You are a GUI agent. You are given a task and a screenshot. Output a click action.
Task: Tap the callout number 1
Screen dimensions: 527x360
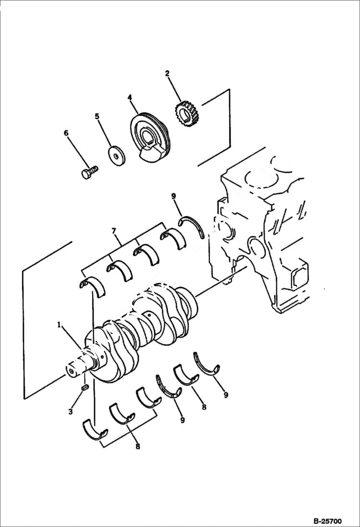pyautogui.click(x=59, y=325)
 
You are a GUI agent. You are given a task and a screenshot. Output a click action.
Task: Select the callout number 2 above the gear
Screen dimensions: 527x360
pyautogui.click(x=167, y=74)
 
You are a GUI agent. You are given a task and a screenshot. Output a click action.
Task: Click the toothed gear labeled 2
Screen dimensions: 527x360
pyautogui.click(x=185, y=115)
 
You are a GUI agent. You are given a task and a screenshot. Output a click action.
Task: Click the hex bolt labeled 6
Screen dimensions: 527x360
pyautogui.click(x=89, y=172)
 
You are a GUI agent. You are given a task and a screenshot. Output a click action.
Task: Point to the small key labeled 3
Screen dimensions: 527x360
pyautogui.click(x=85, y=387)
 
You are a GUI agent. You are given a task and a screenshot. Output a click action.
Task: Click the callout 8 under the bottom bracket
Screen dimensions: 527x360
pyautogui.click(x=137, y=447)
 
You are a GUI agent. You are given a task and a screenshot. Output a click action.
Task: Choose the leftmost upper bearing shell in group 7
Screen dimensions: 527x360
pyautogui.click(x=92, y=286)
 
